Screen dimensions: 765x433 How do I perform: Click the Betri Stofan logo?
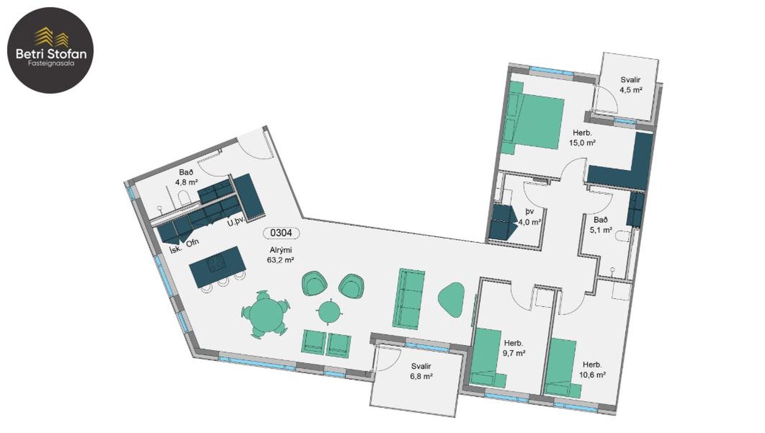click(50, 50)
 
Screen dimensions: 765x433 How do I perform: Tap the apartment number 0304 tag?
click(281, 233)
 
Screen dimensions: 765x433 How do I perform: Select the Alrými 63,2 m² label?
click(281, 255)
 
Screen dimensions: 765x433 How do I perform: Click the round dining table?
click(266, 315)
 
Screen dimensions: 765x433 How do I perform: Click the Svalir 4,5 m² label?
click(631, 85)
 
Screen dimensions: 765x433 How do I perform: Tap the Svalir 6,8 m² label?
click(421, 371)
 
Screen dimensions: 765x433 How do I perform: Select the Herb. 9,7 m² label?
click(514, 348)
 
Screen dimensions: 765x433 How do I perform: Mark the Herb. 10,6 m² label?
click(592, 370)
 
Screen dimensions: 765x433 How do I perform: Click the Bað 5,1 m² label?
click(601, 225)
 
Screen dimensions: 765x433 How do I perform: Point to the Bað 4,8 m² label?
click(186, 177)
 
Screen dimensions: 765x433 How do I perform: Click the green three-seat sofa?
click(409, 299)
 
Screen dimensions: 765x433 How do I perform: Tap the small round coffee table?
click(330, 311)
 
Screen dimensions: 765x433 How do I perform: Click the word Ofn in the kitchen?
click(192, 243)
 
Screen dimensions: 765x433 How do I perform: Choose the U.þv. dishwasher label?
click(236, 221)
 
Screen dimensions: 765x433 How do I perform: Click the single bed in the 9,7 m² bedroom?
click(487, 358)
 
